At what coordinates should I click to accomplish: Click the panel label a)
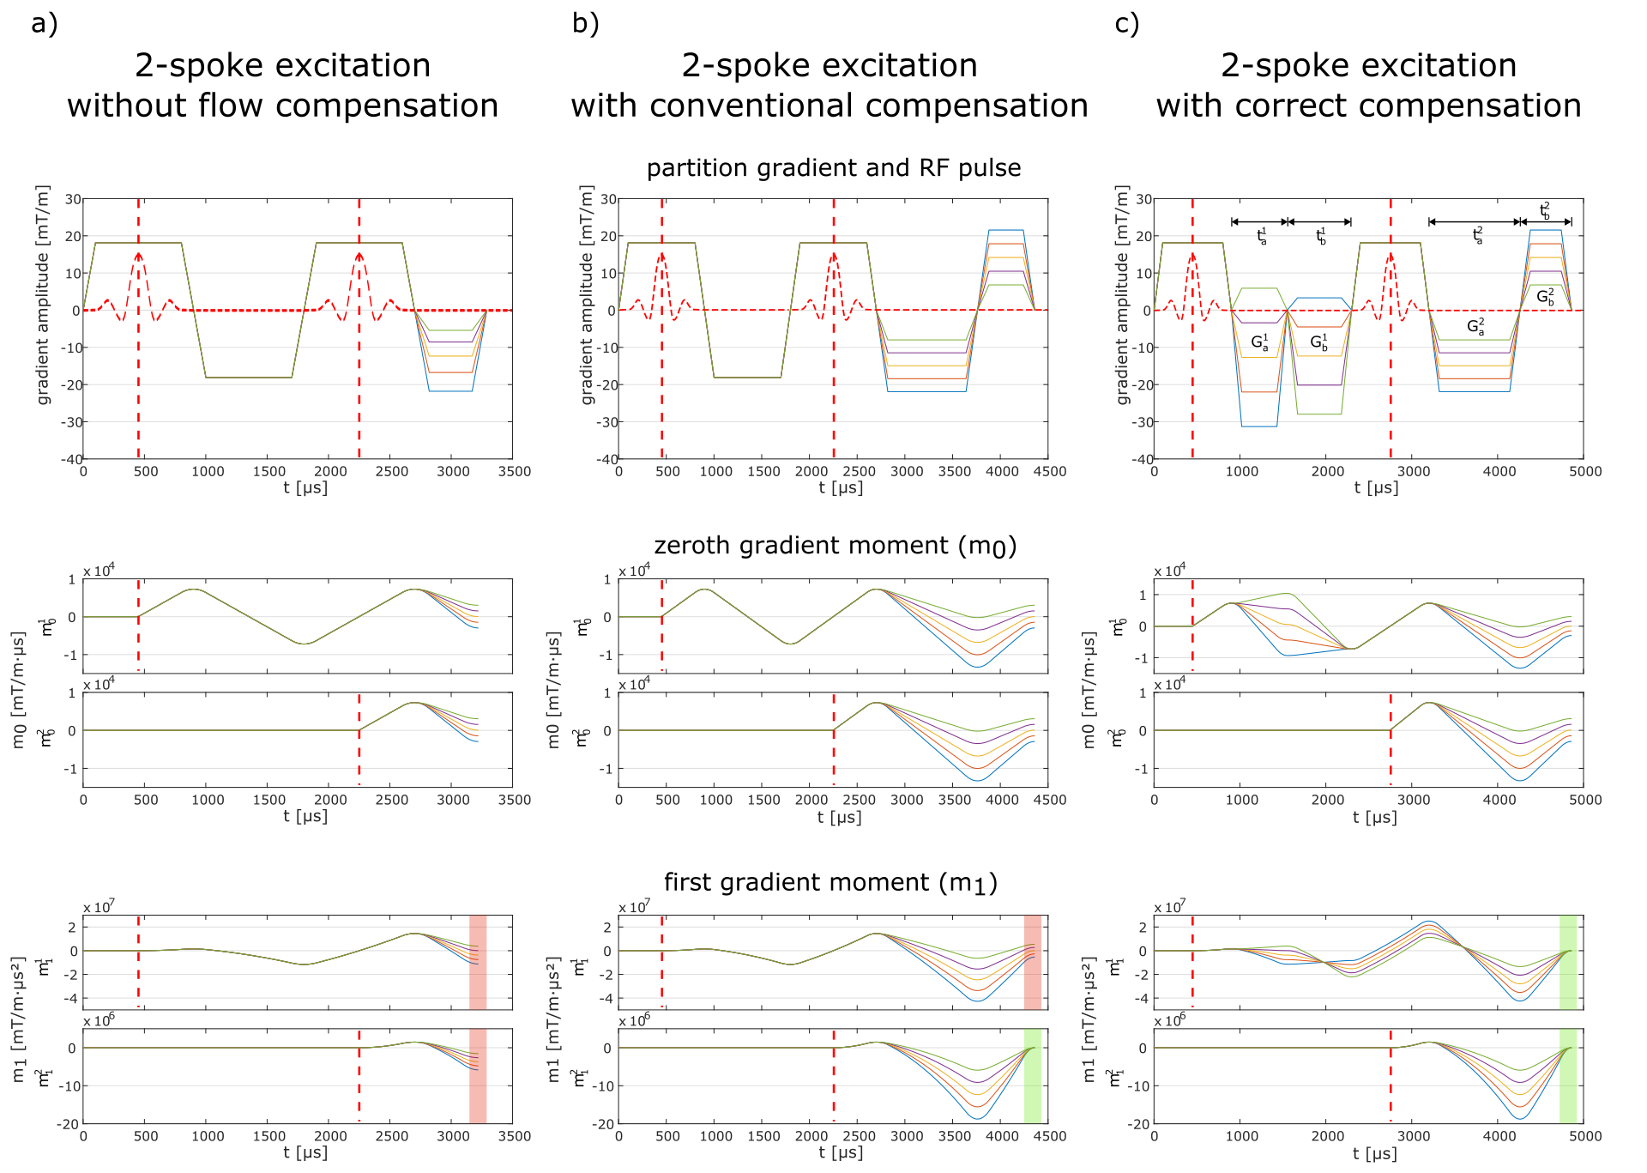tap(44, 24)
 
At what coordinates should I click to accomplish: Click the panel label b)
tap(585, 24)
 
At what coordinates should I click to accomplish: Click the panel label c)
tap(1126, 24)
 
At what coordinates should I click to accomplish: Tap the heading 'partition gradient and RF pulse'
tap(833, 168)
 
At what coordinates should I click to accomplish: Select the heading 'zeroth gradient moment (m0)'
tap(835, 546)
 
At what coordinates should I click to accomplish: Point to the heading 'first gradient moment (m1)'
tap(830, 883)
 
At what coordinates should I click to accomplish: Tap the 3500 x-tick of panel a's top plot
tap(514, 471)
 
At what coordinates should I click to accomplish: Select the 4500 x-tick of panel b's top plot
tap(1049, 471)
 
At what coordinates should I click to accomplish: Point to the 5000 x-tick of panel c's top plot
tap(1584, 471)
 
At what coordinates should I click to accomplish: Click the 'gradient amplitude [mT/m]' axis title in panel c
tap(1123, 295)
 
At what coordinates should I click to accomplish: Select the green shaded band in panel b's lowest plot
tap(1032, 1075)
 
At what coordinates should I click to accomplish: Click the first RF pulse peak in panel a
tap(138, 254)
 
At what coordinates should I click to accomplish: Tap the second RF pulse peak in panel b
tap(833, 254)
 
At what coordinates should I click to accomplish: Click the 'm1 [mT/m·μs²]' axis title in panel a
tap(20, 1019)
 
